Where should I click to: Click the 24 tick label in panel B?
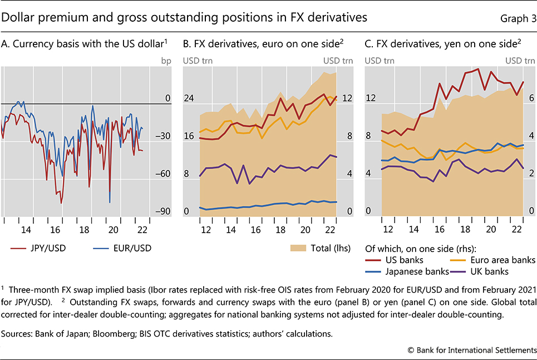(x=189, y=98)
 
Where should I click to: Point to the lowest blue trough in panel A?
(x=110, y=203)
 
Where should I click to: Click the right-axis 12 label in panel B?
(x=347, y=98)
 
